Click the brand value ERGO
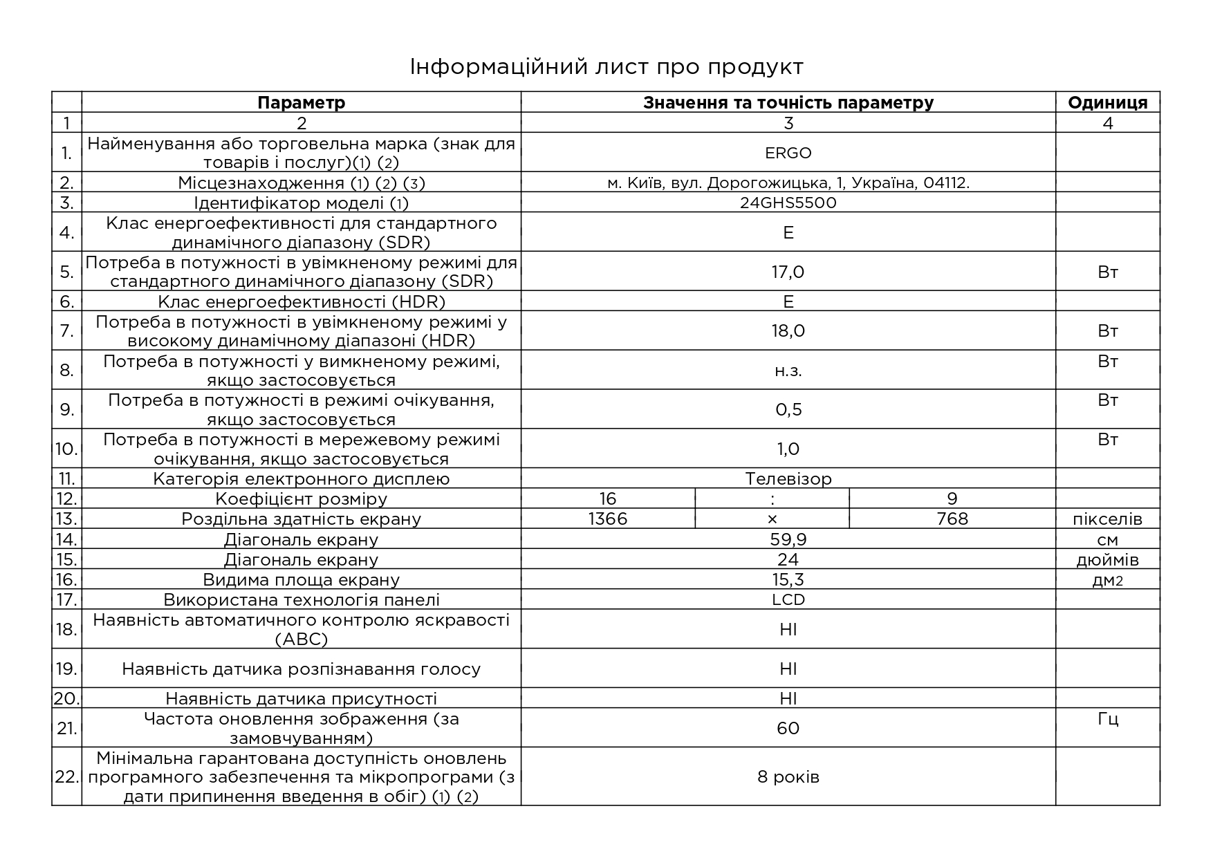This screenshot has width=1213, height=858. click(x=788, y=153)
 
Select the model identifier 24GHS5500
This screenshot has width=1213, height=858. click(x=788, y=203)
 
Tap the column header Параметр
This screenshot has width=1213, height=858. click(x=301, y=103)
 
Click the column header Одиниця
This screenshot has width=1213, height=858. click(x=1107, y=103)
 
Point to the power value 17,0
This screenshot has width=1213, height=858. click(x=788, y=272)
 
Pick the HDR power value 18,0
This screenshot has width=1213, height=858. click(x=788, y=330)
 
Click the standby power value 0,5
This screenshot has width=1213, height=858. click(x=788, y=409)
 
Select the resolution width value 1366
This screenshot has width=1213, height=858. click(x=607, y=519)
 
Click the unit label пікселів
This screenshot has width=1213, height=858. click(x=1107, y=519)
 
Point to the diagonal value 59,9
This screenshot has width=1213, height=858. click(x=788, y=539)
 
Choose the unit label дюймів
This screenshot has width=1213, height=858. click(x=1107, y=559)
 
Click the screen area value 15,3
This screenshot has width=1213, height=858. click(x=788, y=579)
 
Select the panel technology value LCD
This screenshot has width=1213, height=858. click(x=788, y=599)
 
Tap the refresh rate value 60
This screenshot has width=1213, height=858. click(x=788, y=728)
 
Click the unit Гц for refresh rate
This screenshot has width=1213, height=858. click(x=1107, y=719)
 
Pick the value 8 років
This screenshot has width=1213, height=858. click(x=788, y=776)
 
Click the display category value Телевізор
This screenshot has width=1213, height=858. click(x=788, y=478)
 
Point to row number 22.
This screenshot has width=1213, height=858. click(x=66, y=776)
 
